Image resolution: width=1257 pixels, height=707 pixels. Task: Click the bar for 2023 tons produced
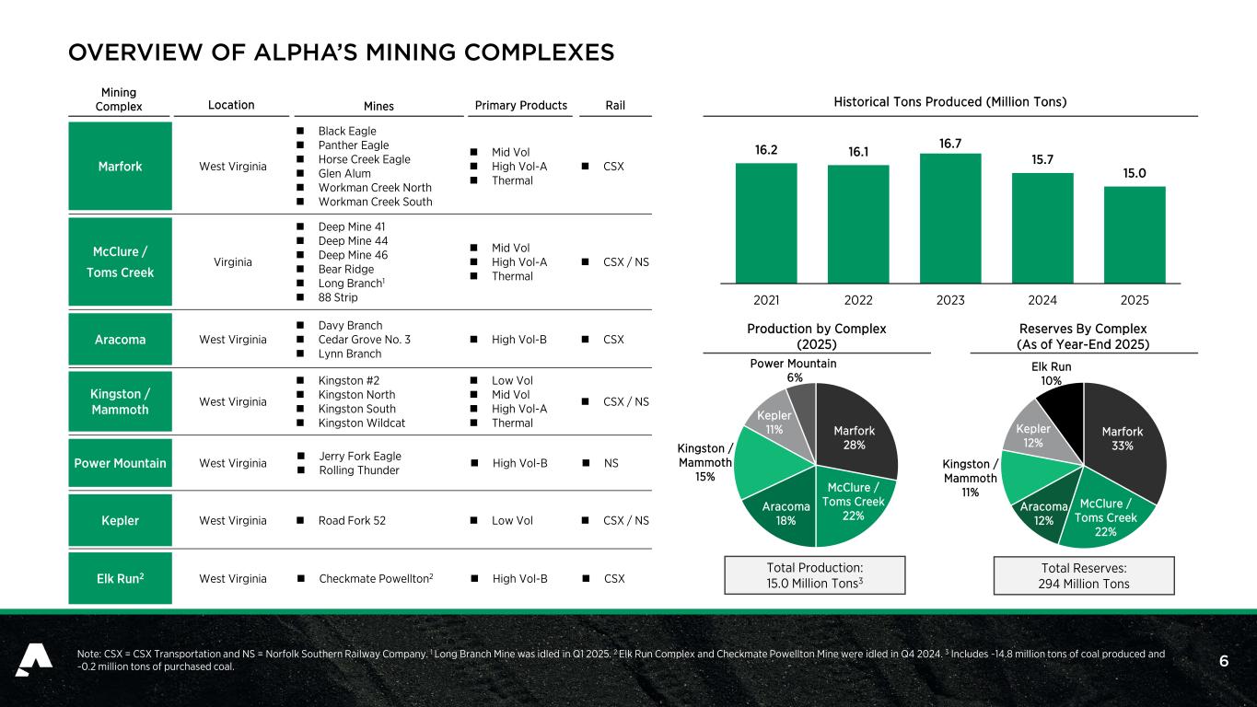pyautogui.click(x=950, y=218)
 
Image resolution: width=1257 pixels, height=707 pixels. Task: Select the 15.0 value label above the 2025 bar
pyautogui.click(x=1135, y=173)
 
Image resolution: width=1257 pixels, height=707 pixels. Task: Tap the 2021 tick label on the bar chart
pyautogui.click(x=766, y=300)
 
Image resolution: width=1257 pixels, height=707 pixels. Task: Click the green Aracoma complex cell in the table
pyautogui.click(x=120, y=340)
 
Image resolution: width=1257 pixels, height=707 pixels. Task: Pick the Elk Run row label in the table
pyautogui.click(x=120, y=578)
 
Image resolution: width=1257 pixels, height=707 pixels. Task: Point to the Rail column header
pyautogui.click(x=615, y=106)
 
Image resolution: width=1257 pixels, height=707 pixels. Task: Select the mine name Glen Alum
pyautogui.click(x=344, y=173)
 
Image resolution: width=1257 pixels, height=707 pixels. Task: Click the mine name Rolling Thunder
pyautogui.click(x=359, y=470)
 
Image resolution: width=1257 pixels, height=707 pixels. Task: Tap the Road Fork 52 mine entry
pyautogui.click(x=352, y=521)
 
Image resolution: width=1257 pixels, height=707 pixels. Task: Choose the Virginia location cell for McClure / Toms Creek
pyautogui.click(x=232, y=262)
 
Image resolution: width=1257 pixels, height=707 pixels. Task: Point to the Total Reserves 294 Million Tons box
pyautogui.click(x=1084, y=575)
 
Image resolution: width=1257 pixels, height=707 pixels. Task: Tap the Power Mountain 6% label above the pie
pyautogui.click(x=793, y=370)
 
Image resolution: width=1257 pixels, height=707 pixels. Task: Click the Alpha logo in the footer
pyautogui.click(x=34, y=660)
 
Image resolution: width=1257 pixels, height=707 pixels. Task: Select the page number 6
pyautogui.click(x=1224, y=661)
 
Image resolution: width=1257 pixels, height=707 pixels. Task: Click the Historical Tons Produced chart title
pyautogui.click(x=950, y=102)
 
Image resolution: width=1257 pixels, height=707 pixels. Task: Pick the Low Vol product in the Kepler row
pyautogui.click(x=512, y=521)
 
